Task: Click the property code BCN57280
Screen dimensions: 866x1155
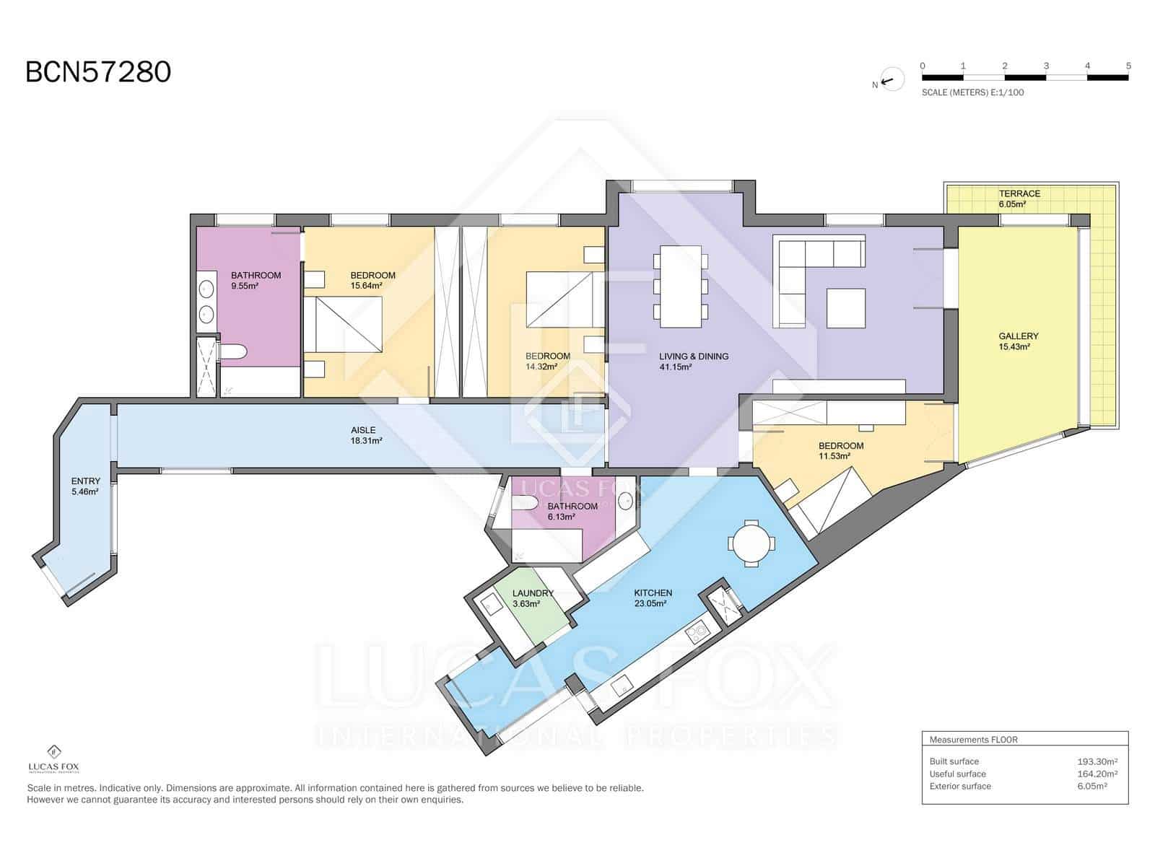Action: pyautogui.click(x=98, y=72)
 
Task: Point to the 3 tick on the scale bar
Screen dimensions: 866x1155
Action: pyautogui.click(x=1046, y=66)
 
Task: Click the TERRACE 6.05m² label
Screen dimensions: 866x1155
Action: pyautogui.click(x=1019, y=198)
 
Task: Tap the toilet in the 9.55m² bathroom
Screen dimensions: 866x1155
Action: pyautogui.click(x=233, y=352)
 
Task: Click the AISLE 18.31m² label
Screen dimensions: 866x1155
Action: pyautogui.click(x=363, y=435)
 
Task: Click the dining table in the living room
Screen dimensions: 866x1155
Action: pyautogui.click(x=681, y=286)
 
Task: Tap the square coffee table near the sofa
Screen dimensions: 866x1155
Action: pyautogui.click(x=845, y=308)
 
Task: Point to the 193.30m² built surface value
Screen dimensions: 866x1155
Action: pyautogui.click(x=1097, y=761)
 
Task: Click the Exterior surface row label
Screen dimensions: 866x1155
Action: pyautogui.click(x=960, y=786)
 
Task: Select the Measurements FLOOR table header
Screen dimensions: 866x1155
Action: pyautogui.click(x=973, y=740)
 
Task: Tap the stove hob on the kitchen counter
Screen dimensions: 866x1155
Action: pyautogui.click(x=697, y=634)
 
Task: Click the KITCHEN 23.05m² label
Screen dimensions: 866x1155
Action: pyautogui.click(x=653, y=598)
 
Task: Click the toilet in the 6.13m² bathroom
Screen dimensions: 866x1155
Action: pyautogui.click(x=526, y=503)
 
